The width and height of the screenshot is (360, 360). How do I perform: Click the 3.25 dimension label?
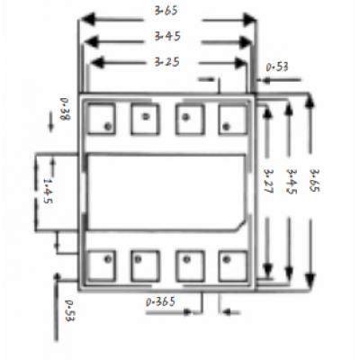tap(167, 62)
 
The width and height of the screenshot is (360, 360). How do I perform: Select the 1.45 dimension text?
tap(48, 191)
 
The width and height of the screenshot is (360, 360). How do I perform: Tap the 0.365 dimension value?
tap(160, 301)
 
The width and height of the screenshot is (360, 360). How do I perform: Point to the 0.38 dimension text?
tap(65, 109)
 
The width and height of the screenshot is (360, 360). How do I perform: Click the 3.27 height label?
tap(268, 181)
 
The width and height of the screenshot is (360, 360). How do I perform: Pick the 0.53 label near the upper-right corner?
tap(277, 67)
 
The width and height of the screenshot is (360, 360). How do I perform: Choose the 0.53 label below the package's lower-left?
tap(69, 310)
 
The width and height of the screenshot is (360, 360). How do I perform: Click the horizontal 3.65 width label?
tap(166, 11)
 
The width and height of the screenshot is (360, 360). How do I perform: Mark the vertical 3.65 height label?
tap(315, 180)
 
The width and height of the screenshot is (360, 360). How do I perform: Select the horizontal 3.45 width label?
tap(167, 36)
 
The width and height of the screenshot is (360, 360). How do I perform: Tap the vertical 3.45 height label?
tap(292, 181)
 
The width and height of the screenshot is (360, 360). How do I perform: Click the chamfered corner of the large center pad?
tap(240, 226)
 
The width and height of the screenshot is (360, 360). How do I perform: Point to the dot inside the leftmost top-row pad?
tap(108, 126)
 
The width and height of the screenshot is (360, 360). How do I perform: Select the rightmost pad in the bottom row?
tap(233, 266)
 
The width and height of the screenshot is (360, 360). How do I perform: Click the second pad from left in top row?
tap(145, 120)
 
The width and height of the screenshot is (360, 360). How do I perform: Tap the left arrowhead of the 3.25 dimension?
tap(97, 63)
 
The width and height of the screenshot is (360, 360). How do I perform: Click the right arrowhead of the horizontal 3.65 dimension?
tap(250, 20)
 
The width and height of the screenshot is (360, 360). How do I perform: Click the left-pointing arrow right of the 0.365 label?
tap(232, 312)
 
